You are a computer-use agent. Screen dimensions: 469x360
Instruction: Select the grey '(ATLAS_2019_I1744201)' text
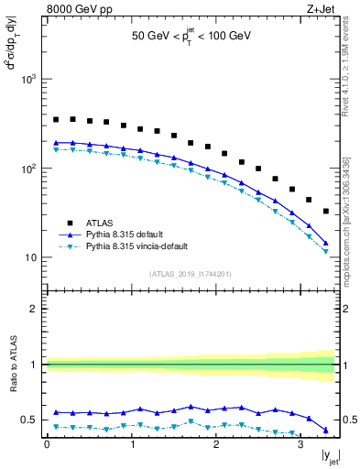tap(191, 274)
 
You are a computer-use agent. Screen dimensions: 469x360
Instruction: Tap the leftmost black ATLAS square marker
tap(56, 119)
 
